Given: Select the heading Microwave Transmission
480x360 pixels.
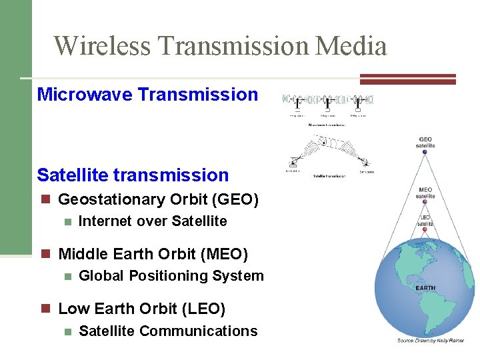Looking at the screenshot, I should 147,95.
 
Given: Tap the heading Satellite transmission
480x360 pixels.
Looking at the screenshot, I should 133,175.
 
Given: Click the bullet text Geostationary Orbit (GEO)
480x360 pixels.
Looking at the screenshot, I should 159,199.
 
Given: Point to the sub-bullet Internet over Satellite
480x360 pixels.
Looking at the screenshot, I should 153,221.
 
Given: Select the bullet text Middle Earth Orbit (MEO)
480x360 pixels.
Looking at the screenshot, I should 153,254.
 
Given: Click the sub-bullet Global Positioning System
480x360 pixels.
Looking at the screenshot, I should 171,276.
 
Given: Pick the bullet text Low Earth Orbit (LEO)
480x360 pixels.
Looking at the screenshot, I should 142,309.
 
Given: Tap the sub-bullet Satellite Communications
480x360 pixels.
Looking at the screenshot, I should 168,331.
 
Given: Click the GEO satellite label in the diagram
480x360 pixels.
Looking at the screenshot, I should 425,142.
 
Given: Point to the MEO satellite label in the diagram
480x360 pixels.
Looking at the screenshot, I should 425,193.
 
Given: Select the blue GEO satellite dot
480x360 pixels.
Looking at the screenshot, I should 425,152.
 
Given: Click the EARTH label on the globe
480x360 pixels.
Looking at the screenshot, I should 425,288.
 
